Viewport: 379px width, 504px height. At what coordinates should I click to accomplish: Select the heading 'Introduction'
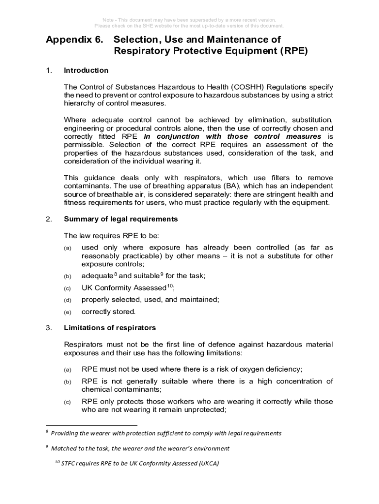(x=86, y=70)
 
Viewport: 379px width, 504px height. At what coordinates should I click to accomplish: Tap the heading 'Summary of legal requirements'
(x=121, y=219)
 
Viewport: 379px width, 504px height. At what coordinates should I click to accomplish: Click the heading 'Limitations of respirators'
(x=110, y=327)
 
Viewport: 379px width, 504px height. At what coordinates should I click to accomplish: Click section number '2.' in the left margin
(x=48, y=219)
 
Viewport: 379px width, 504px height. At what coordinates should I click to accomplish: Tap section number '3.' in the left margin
(x=48, y=327)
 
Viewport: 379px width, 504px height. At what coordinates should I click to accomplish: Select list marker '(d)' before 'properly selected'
(x=67, y=300)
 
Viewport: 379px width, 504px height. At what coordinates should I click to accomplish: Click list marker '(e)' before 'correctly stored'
(x=67, y=312)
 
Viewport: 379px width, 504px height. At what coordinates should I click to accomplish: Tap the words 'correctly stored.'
(x=108, y=312)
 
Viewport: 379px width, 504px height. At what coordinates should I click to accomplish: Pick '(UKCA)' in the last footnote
(x=205, y=464)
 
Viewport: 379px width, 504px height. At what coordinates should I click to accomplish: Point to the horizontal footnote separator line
(x=91, y=425)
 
